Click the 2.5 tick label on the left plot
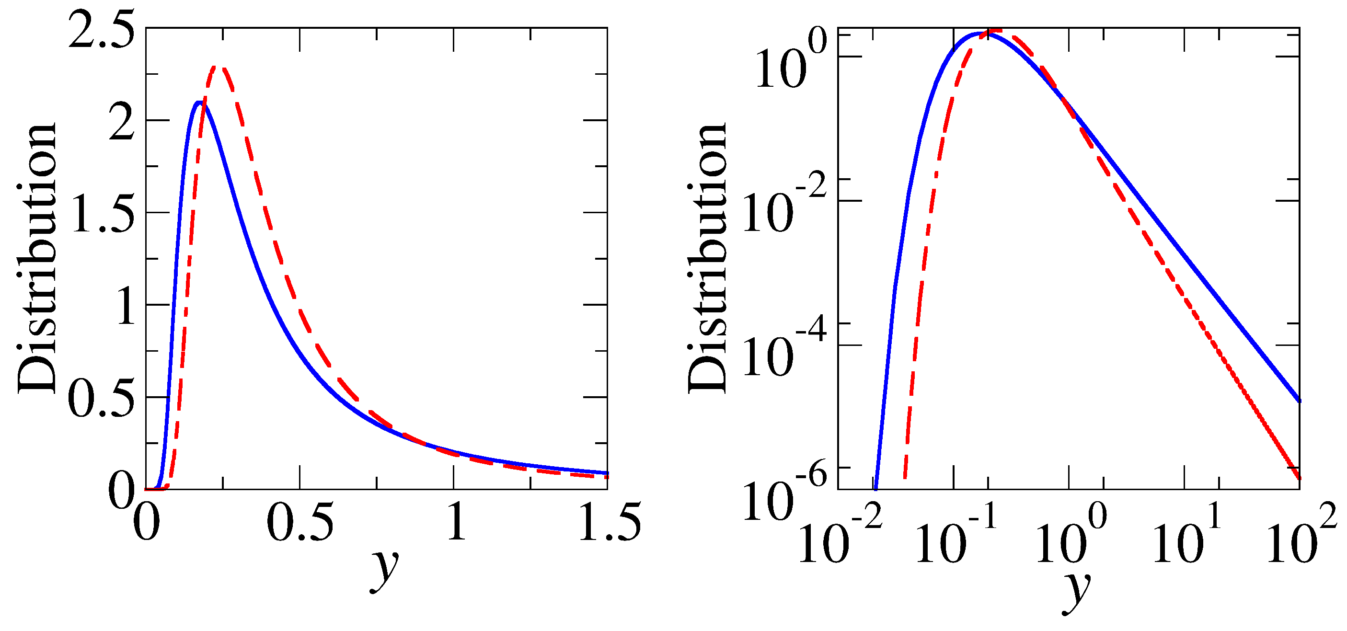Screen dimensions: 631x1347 [101, 30]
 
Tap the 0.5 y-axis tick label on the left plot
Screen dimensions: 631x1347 [101, 399]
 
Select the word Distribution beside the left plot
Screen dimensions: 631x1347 [36, 259]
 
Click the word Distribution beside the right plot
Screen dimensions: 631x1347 [707, 259]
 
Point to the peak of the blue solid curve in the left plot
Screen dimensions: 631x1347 [199, 102]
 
